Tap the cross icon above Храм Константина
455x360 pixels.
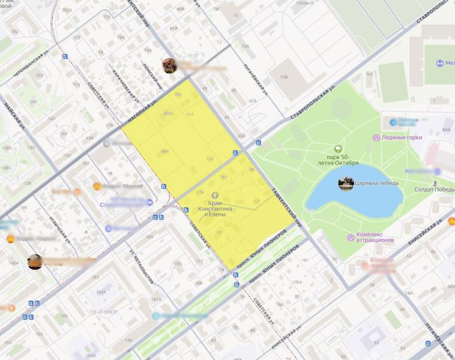214,195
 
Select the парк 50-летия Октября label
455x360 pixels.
339,160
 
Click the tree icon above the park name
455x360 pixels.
339,148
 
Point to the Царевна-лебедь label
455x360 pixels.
376,184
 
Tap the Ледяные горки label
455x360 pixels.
402,137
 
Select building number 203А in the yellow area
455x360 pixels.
167,113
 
